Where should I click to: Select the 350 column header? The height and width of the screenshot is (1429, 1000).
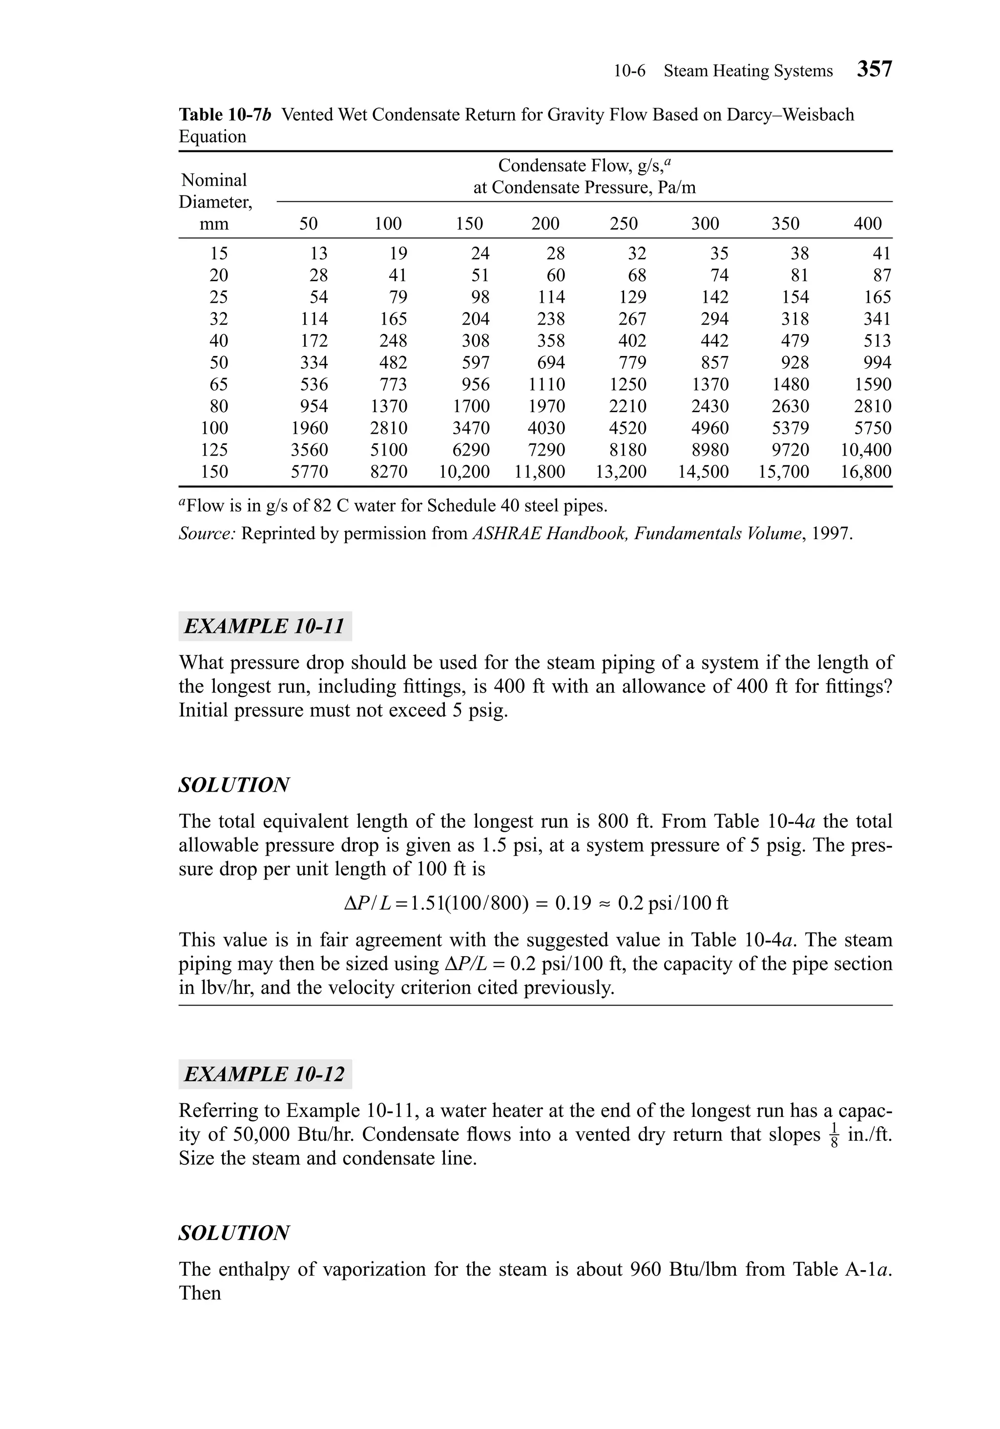(x=785, y=224)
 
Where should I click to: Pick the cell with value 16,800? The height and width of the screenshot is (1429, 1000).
(x=866, y=472)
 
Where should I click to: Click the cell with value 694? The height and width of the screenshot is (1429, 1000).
(x=551, y=363)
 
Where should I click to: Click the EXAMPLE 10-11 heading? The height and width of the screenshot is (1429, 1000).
(x=265, y=626)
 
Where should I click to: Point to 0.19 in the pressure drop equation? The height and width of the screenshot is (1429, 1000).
(x=572, y=903)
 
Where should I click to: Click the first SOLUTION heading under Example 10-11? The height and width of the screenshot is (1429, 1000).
(x=234, y=785)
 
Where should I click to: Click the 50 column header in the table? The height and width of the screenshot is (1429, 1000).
(x=308, y=224)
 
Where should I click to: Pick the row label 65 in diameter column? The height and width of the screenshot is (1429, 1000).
(x=218, y=385)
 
